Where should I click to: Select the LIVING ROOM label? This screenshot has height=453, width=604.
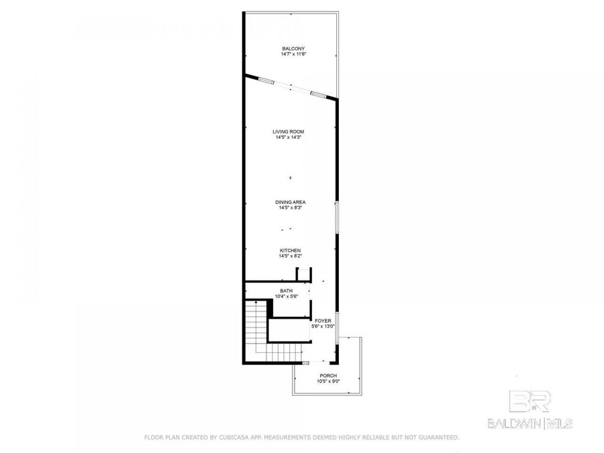[289, 132]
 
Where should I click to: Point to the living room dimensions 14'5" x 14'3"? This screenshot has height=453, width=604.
[289, 138]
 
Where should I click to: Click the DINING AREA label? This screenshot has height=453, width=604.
[290, 201]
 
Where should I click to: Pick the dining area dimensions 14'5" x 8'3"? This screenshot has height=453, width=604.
[290, 207]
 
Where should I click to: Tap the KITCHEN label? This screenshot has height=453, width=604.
[290, 250]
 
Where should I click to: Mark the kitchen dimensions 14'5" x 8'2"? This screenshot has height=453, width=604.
[290, 256]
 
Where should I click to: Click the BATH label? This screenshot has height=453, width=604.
[287, 291]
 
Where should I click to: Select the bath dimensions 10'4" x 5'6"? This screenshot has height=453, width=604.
[287, 297]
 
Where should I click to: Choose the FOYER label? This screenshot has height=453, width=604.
[323, 321]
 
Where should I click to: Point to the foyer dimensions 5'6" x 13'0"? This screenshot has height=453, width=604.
[323, 327]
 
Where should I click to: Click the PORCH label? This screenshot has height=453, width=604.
[328, 375]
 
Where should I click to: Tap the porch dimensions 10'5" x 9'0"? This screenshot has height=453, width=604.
[328, 381]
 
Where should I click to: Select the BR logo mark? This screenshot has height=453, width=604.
[531, 401]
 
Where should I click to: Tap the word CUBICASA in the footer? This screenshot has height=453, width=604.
[232, 438]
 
